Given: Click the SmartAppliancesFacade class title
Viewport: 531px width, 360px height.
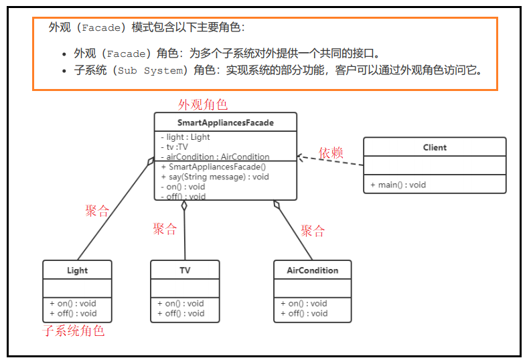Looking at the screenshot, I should pyautogui.click(x=225, y=122).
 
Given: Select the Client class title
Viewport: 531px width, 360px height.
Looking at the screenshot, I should pyautogui.click(x=435, y=147).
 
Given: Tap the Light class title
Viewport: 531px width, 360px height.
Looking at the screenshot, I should pyautogui.click(x=77, y=270).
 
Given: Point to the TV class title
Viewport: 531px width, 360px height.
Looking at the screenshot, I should pyautogui.click(x=185, y=270).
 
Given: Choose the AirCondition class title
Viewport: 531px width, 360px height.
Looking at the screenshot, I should pyautogui.click(x=312, y=270).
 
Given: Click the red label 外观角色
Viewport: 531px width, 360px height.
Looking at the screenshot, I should pyautogui.click(x=202, y=104).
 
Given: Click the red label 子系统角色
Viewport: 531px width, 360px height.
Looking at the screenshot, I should pyautogui.click(x=74, y=331).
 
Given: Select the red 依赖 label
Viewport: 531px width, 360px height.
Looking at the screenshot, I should pyautogui.click(x=330, y=153).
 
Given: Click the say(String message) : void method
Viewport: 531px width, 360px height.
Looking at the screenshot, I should pyautogui.click(x=215, y=177).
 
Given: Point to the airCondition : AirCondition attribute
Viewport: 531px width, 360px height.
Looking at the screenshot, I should pyautogui.click(x=215, y=157).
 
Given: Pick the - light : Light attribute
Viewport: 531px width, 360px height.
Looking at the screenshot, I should pyautogui.click(x=185, y=137).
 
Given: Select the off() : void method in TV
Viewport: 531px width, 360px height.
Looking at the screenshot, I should pyautogui.click(x=181, y=313).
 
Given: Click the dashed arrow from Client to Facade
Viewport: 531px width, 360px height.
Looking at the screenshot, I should pyautogui.click(x=331, y=161).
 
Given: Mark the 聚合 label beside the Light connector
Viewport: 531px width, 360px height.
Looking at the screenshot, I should pyautogui.click(x=97, y=211).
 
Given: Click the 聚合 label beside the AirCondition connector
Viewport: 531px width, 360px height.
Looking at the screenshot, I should pyautogui.click(x=313, y=232).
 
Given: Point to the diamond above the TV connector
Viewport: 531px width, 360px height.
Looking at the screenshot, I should pyautogui.click(x=184, y=205).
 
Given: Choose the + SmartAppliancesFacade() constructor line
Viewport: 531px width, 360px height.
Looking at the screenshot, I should pyautogui.click(x=214, y=167).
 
